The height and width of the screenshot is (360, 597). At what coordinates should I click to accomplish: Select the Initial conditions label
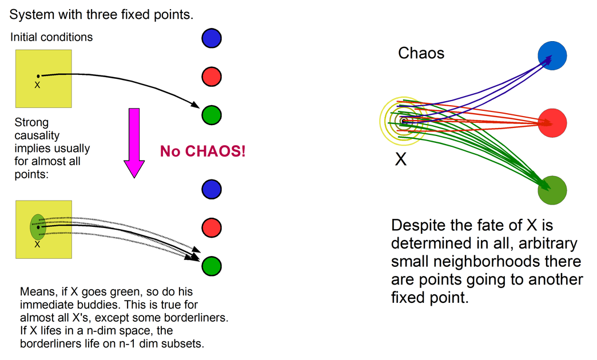[x=51, y=37]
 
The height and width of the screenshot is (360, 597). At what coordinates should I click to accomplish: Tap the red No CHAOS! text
[x=202, y=151]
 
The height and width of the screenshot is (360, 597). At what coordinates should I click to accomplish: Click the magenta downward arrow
[x=134, y=143]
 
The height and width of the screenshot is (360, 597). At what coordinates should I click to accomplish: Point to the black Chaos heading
[x=421, y=53]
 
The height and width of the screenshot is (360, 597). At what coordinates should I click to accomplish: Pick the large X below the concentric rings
[x=400, y=159]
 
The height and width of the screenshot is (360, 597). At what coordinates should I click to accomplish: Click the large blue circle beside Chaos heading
[x=552, y=55]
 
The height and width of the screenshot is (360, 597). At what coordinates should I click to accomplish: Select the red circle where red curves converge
[x=552, y=123]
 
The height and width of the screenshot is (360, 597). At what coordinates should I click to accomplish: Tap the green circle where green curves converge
[x=552, y=190]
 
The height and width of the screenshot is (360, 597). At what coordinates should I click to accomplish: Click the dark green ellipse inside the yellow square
[x=38, y=227]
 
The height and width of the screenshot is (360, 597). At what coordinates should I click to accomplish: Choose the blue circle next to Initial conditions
[x=212, y=38]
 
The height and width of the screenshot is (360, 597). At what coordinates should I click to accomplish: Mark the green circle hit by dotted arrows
[x=212, y=266]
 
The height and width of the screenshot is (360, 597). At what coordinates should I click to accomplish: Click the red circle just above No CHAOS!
[x=212, y=77]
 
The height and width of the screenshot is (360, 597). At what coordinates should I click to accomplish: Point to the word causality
[x=37, y=135]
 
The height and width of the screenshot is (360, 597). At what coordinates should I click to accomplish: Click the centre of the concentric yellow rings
[x=404, y=121]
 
